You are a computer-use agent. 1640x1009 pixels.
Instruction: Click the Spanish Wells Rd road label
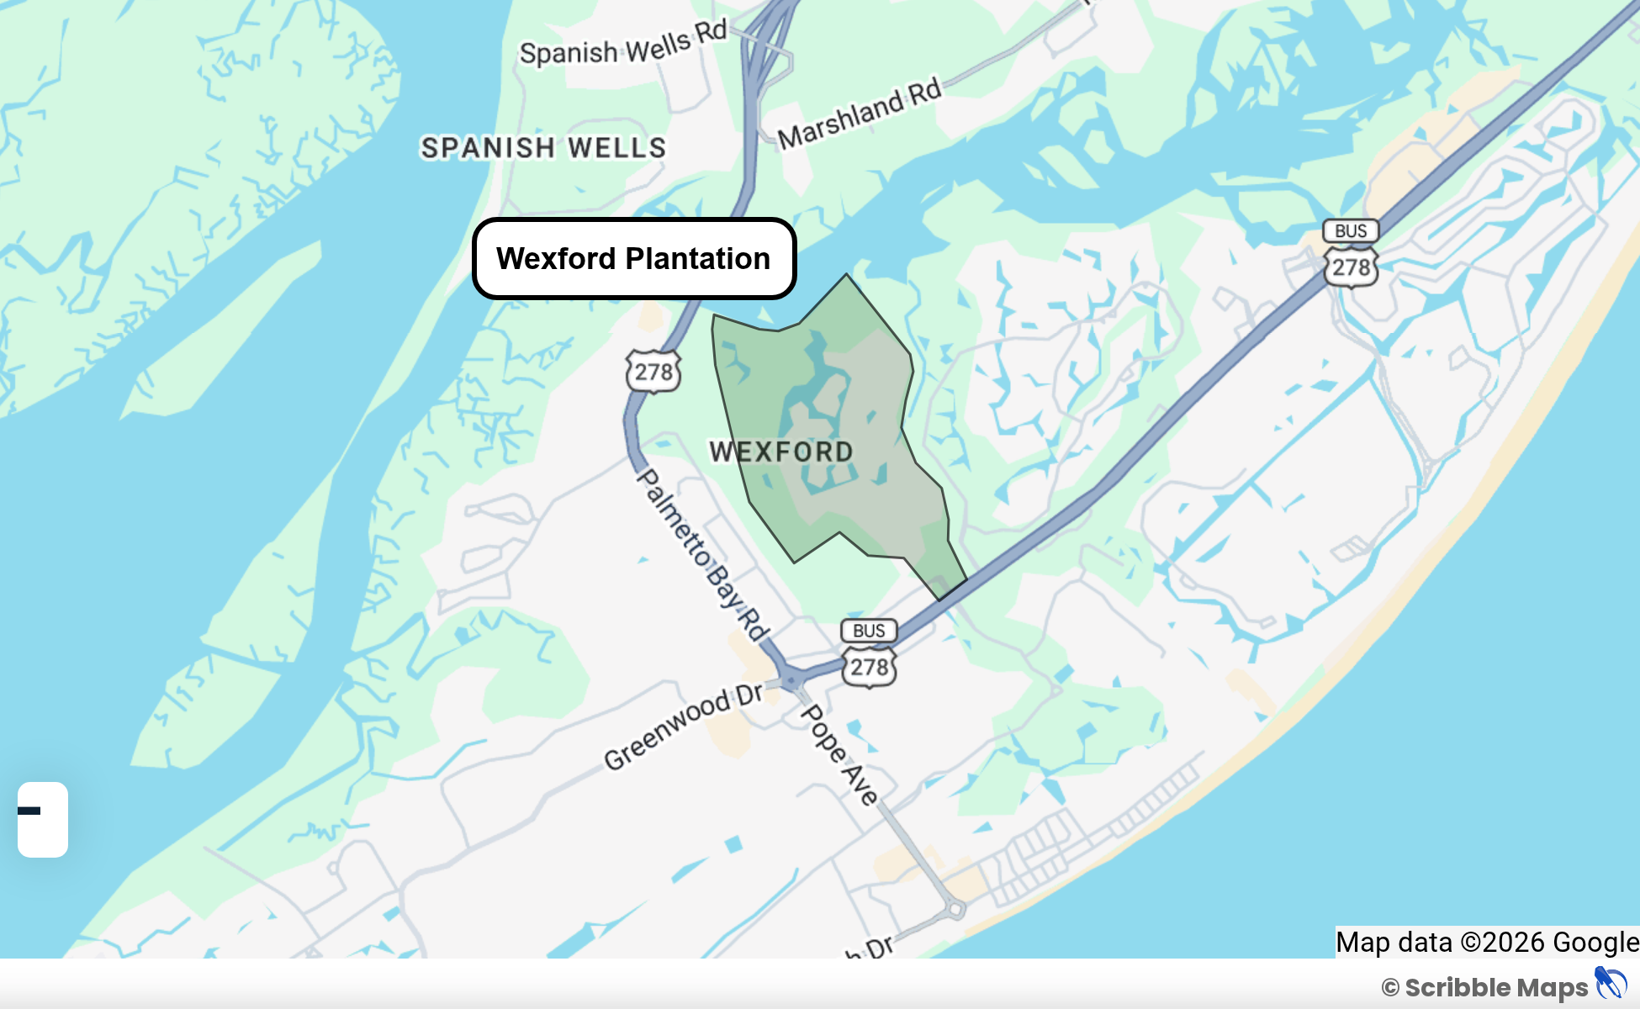[x=623, y=45]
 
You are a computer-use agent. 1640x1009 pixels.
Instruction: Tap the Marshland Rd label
[x=859, y=114]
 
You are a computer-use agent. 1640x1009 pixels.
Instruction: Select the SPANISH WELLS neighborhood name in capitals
[x=543, y=148]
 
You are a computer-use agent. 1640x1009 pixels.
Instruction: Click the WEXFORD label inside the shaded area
[x=781, y=452]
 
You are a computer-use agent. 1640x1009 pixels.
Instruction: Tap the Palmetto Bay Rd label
[x=702, y=555]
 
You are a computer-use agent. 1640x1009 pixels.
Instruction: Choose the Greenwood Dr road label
[x=684, y=726]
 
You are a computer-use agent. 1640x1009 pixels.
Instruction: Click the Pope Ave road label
[x=839, y=754]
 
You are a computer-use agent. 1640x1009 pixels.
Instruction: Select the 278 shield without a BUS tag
[x=653, y=371]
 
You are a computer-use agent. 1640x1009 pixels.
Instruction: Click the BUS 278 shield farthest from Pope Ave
[x=1351, y=254]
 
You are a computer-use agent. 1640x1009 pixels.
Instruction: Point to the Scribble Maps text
[x=1496, y=987]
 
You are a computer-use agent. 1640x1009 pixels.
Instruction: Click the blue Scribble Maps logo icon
[x=1611, y=984]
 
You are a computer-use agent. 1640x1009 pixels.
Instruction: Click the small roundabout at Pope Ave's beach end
[x=955, y=909]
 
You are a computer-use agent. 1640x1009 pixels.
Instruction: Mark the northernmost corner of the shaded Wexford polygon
[x=847, y=274]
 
